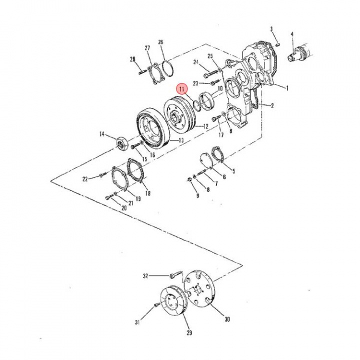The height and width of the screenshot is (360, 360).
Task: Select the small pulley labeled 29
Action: [172, 302]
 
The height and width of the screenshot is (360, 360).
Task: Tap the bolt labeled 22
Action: [103, 174]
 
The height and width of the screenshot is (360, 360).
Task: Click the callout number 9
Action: [197, 196]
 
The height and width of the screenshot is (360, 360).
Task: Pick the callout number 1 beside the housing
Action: [288, 88]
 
